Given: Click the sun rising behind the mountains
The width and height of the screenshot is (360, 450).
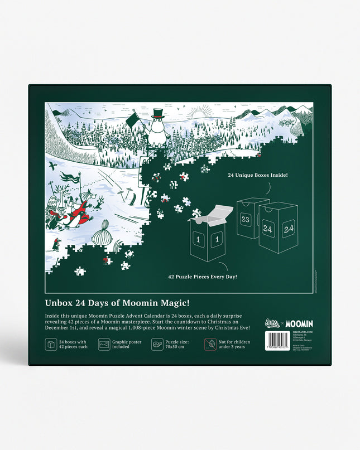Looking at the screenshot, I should (x=197, y=114).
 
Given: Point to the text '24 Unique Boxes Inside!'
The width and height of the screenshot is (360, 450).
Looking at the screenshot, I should (x=257, y=175).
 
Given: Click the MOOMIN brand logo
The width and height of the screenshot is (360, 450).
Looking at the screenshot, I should (x=300, y=323).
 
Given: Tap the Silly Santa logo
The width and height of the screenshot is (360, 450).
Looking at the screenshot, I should (x=272, y=323).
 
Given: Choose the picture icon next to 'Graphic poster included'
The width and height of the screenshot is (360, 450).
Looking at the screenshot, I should (x=104, y=344).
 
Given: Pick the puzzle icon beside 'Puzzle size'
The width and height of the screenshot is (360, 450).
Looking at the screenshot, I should (x=157, y=344).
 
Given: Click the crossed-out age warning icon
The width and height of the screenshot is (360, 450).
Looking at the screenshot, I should (x=210, y=344).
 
